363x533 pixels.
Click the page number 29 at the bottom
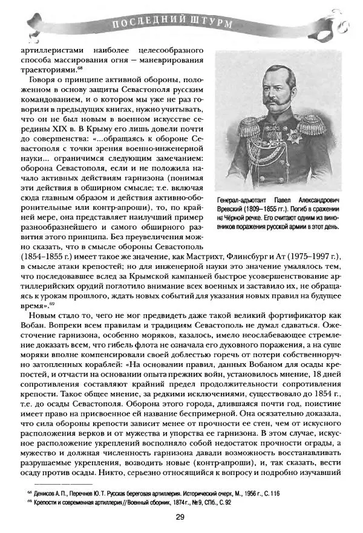(x=180, y=516)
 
